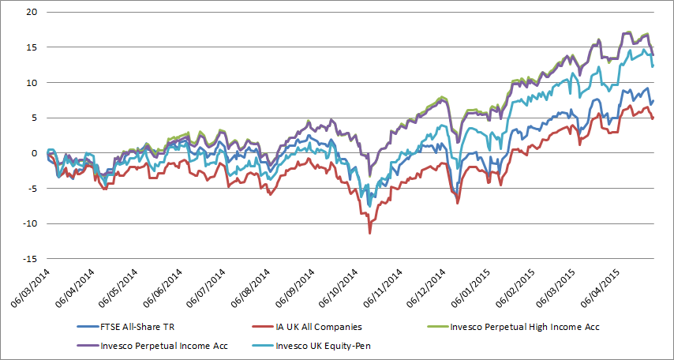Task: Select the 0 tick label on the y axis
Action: coord(32,153)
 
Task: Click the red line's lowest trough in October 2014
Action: coord(369,233)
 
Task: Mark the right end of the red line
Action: coord(653,118)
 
